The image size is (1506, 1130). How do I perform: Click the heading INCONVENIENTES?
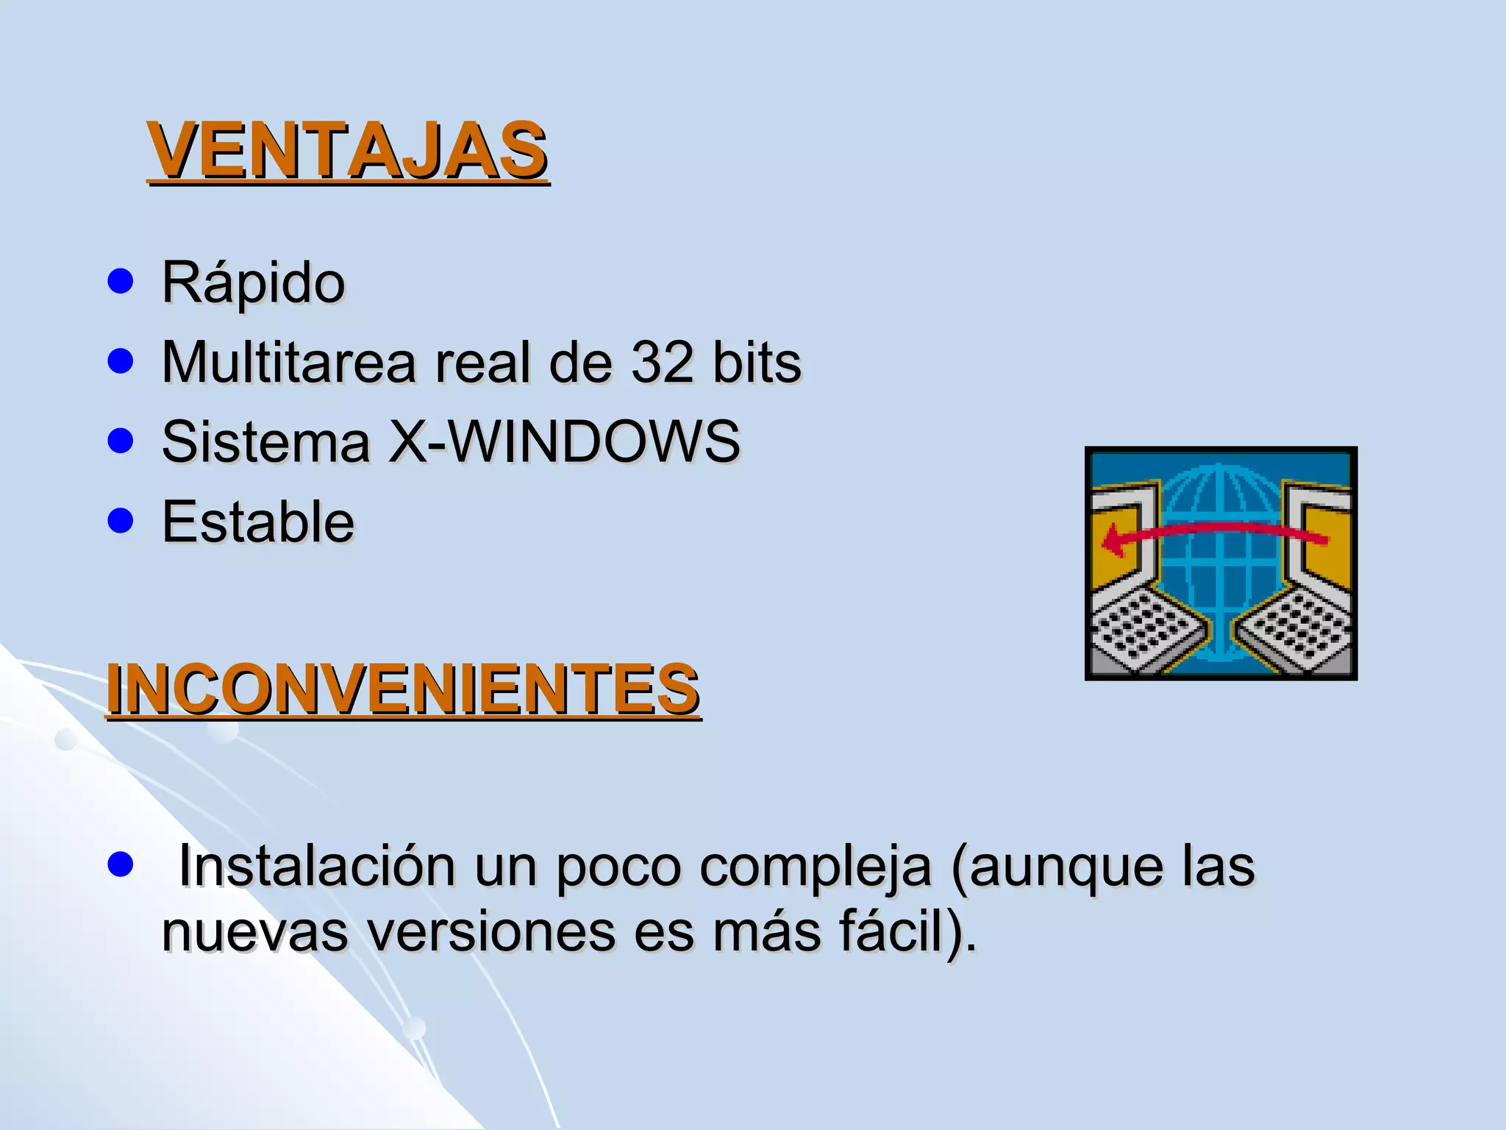[403, 689]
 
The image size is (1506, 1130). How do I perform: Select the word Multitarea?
[288, 363]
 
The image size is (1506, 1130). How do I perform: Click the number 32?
[663, 363]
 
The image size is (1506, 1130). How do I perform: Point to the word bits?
[757, 363]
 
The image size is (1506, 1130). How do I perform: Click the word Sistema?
[265, 442]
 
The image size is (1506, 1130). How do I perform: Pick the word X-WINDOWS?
[564, 442]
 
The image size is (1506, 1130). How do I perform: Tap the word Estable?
[258, 522]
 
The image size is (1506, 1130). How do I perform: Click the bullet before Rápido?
[120, 280]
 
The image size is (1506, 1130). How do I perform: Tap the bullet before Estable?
[120, 521]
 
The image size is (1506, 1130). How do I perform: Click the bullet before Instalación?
[120, 865]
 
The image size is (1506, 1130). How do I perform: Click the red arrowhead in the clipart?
[1112, 543]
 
